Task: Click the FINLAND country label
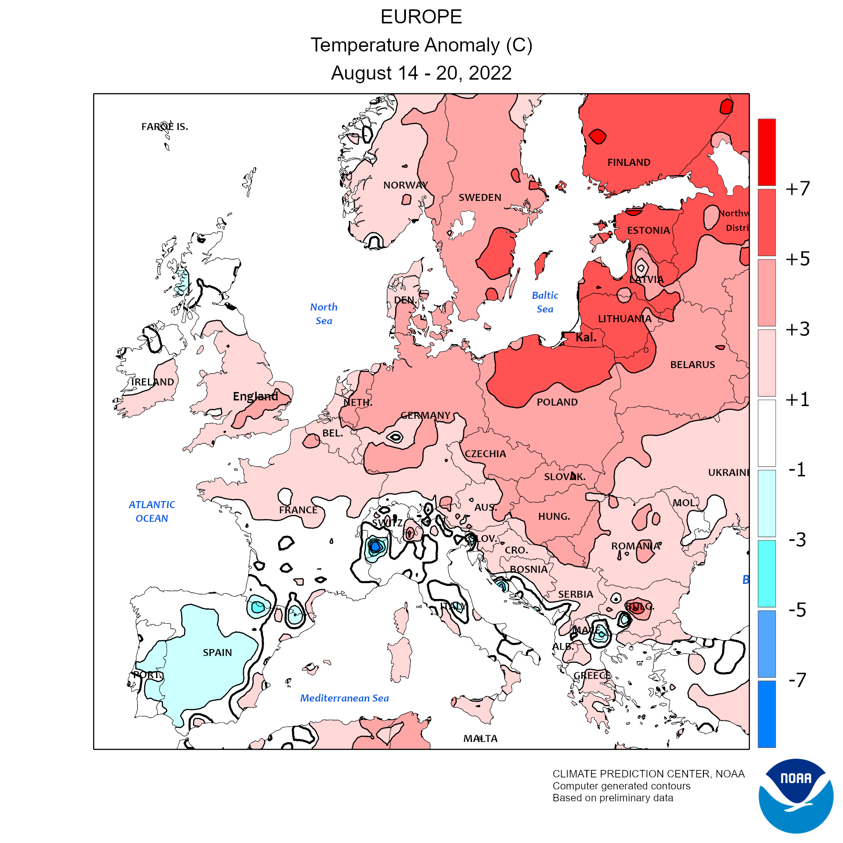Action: tap(629, 163)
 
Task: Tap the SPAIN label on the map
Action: tap(217, 652)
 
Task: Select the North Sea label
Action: tap(324, 314)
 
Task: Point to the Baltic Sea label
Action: tap(545, 302)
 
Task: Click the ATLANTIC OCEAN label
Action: tap(152, 511)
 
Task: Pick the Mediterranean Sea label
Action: tap(344, 698)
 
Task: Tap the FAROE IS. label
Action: tap(164, 126)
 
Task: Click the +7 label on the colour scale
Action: tap(798, 188)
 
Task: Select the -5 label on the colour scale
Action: tap(797, 610)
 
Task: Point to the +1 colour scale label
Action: tap(798, 399)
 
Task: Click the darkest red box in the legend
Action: tap(767, 152)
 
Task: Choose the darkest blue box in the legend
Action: tap(767, 714)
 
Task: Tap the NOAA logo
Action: tap(796, 796)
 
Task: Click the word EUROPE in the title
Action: tap(421, 17)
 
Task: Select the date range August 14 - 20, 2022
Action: tap(421, 73)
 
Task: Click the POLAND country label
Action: tap(557, 402)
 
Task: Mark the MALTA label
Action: tap(480, 739)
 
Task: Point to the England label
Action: tap(255, 396)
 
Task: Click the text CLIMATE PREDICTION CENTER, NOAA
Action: tap(648, 774)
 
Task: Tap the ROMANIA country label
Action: tap(636, 546)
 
